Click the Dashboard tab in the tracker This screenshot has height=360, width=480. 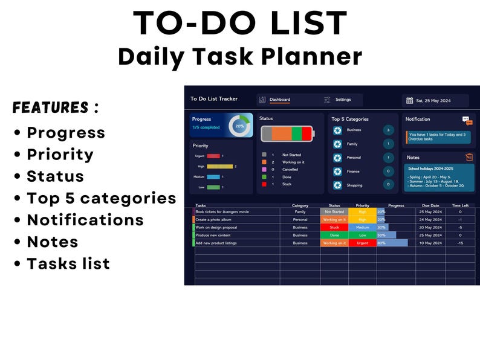pos(279,100)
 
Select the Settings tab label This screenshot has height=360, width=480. pos(343,100)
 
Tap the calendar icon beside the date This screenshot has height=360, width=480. pos(409,100)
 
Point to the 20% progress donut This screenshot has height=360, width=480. pos(240,126)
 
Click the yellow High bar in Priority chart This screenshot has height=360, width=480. pos(220,166)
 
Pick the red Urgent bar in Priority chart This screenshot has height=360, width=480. pos(214,156)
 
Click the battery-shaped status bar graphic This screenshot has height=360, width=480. pos(287,133)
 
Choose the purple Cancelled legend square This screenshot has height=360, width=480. pos(264,170)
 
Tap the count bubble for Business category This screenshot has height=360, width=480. pos(388,130)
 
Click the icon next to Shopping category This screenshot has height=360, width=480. pos(337,185)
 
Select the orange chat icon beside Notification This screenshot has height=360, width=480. pos(467,120)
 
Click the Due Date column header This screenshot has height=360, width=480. pos(430,205)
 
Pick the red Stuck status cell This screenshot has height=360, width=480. pos(334,228)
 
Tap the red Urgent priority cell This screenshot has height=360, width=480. pos(362,243)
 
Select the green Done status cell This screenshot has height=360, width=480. pos(334,235)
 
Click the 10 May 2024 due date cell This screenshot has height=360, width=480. pos(430,243)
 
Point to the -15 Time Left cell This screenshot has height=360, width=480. pos(460,243)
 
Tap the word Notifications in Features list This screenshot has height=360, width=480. pos(85,220)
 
